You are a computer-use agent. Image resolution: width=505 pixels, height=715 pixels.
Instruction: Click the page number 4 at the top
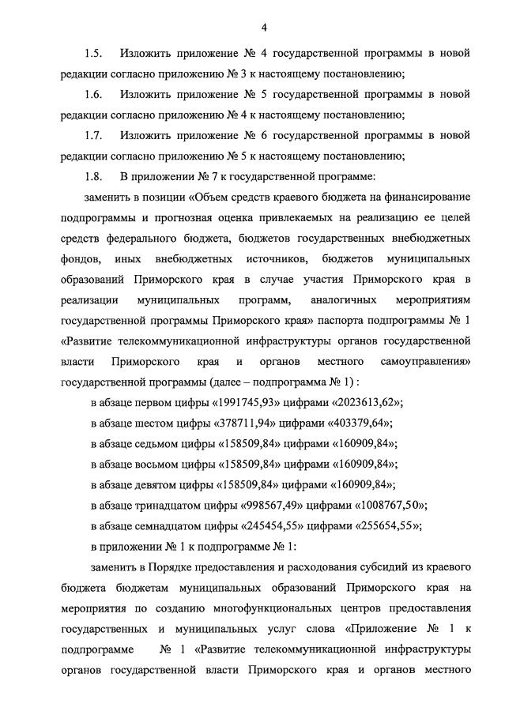click(x=264, y=28)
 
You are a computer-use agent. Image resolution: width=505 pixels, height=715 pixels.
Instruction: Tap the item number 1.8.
click(x=93, y=176)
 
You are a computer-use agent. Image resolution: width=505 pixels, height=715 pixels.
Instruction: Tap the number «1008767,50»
click(x=383, y=505)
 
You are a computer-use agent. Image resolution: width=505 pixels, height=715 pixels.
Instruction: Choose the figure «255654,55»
click(x=384, y=525)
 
